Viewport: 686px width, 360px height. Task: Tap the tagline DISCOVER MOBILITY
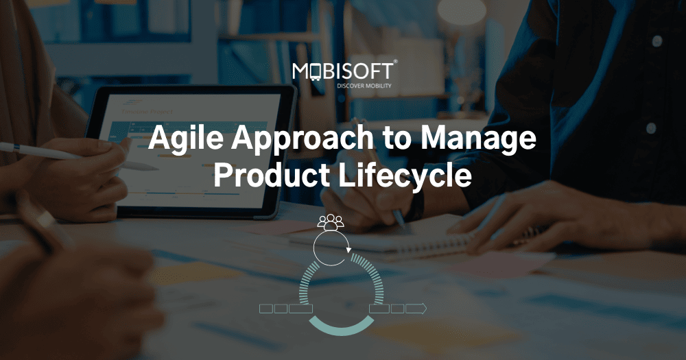click(x=364, y=86)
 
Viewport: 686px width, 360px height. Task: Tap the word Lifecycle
click(x=405, y=175)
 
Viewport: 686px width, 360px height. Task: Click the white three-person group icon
click(x=330, y=222)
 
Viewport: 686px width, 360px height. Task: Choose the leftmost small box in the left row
click(x=266, y=309)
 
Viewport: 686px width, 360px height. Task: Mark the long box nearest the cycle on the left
click(x=300, y=309)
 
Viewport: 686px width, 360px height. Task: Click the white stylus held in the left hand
click(x=41, y=151)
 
